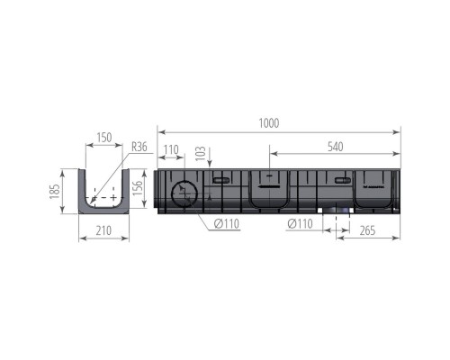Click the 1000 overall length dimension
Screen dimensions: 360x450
tap(268, 123)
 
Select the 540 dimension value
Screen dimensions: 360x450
tap(336, 144)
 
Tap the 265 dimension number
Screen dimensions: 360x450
tap(367, 229)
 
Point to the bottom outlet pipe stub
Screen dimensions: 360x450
tap(339, 211)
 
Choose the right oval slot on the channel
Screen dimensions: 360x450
tap(341, 181)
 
